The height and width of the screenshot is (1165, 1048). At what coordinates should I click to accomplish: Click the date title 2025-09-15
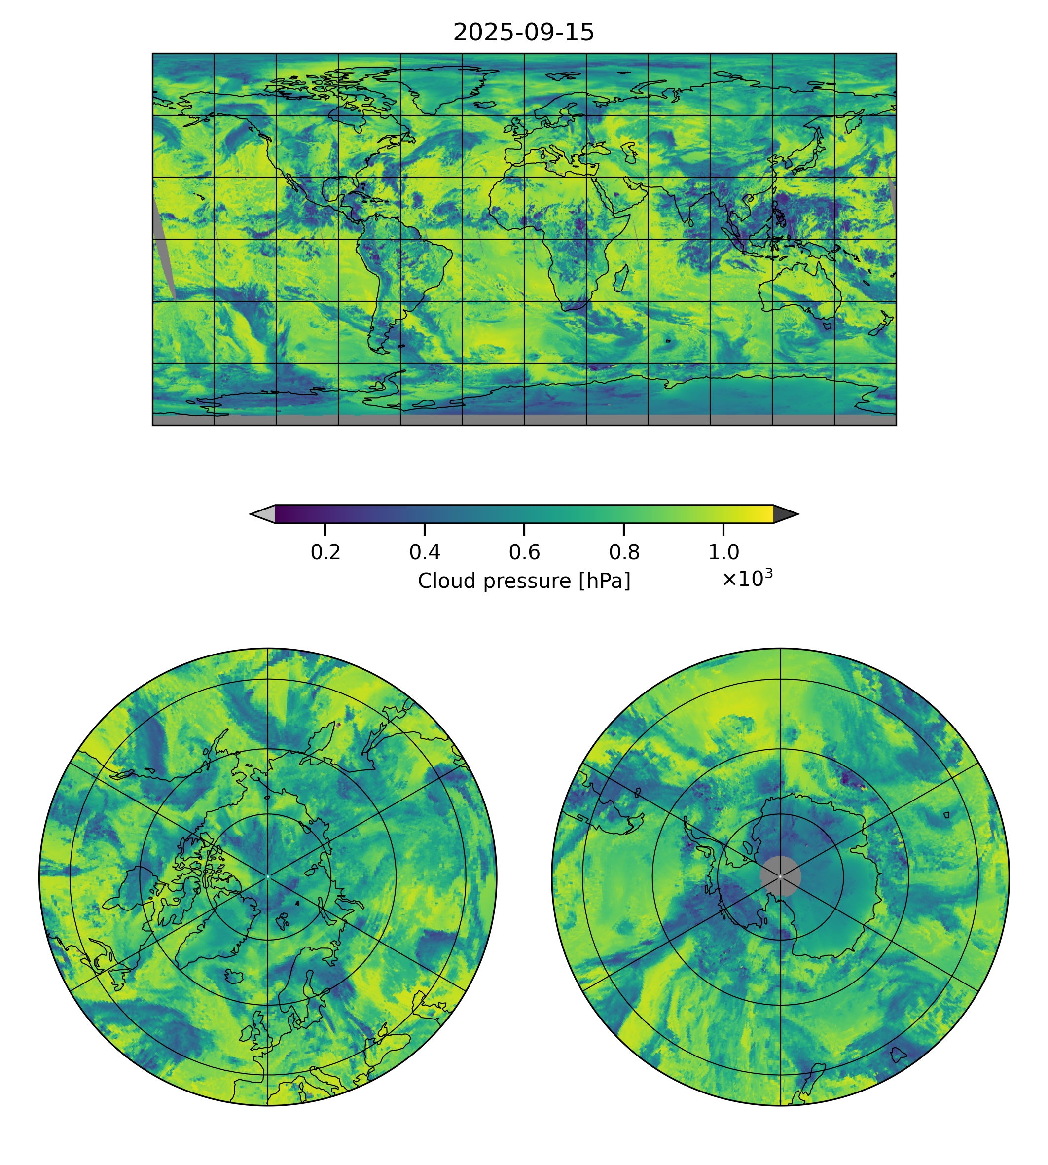[523, 33]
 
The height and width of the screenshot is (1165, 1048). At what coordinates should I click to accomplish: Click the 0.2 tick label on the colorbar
[325, 552]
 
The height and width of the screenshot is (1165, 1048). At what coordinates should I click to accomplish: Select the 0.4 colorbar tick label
[425, 552]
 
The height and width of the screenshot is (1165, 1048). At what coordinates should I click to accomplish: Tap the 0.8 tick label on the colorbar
[624, 552]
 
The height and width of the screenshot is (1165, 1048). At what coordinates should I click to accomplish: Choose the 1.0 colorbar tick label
[723, 552]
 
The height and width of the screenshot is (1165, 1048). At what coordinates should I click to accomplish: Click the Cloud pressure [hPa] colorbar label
[524, 581]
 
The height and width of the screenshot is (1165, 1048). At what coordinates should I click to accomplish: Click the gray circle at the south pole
[780, 876]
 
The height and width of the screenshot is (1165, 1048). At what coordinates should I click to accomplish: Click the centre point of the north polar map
[268, 876]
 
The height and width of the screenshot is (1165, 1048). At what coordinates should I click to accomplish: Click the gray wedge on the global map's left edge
[164, 248]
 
